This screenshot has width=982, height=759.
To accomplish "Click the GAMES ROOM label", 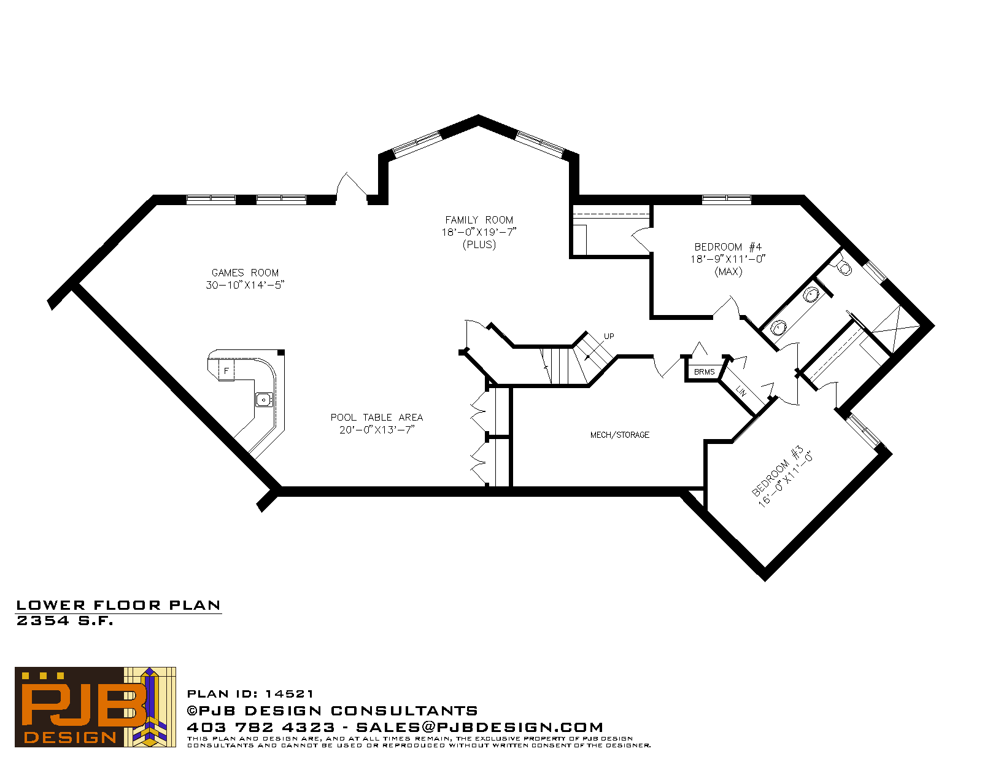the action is point(245,273).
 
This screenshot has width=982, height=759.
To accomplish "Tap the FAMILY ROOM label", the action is point(479,220).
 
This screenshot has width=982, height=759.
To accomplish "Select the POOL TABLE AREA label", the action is point(376,417).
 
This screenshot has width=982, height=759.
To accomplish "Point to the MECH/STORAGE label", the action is point(619,435).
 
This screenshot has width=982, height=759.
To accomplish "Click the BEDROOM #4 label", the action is point(727,247).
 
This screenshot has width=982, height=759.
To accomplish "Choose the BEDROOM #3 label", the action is point(777,470).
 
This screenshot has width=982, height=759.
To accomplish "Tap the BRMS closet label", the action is point(704,372).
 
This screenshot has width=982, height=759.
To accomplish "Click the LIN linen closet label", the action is point(741,391).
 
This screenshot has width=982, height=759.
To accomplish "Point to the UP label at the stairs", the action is point(609,337).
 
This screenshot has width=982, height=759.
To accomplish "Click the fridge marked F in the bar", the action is point(226,370).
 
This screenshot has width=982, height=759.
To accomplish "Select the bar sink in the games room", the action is point(264,400).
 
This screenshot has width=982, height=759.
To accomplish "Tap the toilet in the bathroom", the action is point(843,267).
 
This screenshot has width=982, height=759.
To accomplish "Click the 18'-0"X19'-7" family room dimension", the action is point(479,232).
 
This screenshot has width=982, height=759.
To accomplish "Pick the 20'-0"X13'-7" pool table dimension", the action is point(377,429).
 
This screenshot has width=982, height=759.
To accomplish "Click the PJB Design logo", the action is point(95,707).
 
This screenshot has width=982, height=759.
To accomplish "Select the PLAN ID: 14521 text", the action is point(250,694).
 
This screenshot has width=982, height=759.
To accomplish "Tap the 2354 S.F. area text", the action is point(64,621).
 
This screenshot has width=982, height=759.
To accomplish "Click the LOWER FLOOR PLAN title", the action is point(118,605).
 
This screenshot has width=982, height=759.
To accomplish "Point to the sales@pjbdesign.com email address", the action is point(479,727).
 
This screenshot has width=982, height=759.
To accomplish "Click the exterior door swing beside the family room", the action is point(351,185).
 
